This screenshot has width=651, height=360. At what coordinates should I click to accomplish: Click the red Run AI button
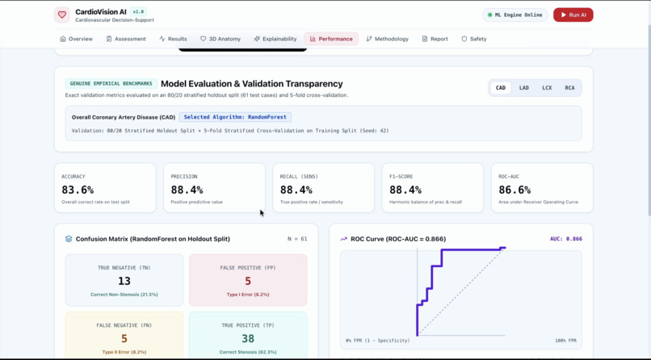tap(573, 15)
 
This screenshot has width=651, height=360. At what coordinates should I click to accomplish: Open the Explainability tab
tap(275, 39)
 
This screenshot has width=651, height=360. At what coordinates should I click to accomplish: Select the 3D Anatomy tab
tap(220, 39)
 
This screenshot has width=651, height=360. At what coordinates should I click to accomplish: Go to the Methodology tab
tap(388, 39)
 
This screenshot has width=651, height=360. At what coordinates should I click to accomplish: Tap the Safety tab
tap(474, 39)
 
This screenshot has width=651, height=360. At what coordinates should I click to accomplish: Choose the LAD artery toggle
tap(523, 88)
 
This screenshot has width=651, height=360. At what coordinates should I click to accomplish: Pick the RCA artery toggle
tap(569, 88)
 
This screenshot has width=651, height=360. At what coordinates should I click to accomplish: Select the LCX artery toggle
tap(547, 88)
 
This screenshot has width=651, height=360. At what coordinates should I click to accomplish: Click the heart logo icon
tap(62, 15)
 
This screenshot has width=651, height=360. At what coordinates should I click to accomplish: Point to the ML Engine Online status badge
tap(514, 15)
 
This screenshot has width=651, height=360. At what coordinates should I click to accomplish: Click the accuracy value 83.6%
tap(78, 190)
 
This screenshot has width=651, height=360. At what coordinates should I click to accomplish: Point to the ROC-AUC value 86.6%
tap(514, 190)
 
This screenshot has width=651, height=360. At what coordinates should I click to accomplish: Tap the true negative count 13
tap(124, 281)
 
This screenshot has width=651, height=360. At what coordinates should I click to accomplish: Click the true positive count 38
tap(248, 338)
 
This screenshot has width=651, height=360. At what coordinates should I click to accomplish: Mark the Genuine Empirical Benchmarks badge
tap(111, 84)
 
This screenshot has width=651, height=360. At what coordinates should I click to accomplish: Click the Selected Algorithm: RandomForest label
tap(235, 117)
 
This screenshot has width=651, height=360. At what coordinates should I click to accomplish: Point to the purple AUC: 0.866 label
tap(566, 239)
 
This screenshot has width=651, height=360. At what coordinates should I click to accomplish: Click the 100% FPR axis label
tap(565, 341)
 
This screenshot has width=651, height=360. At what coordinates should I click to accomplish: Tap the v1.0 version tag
tap(138, 12)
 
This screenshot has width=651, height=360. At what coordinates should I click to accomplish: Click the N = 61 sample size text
tap(297, 239)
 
